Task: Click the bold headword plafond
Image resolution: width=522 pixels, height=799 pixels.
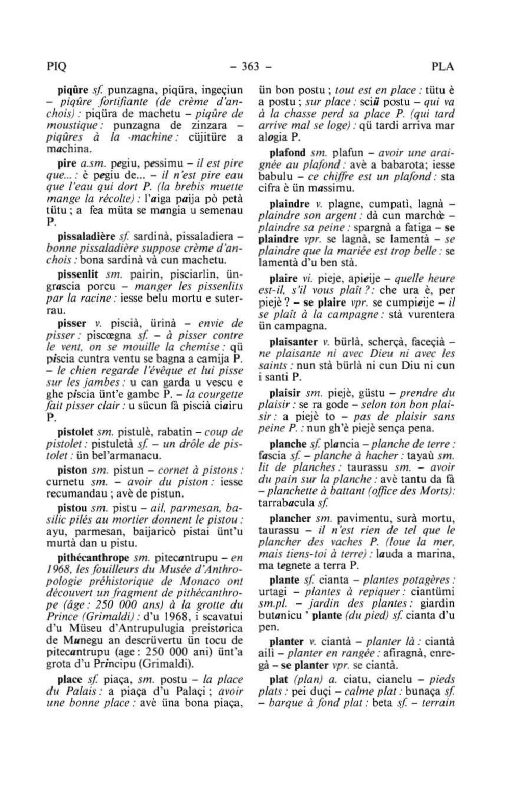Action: pos(288,153)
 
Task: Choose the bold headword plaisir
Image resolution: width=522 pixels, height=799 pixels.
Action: pos(285,393)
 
